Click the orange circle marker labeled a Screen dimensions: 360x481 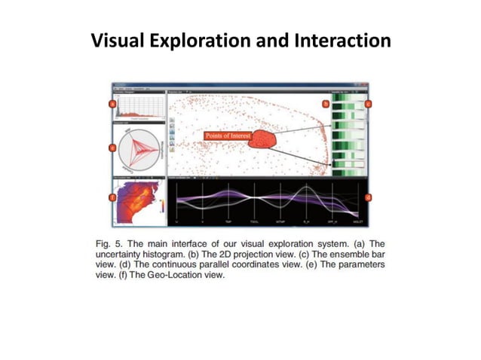pos(112,103)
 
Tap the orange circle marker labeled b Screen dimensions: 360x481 pos(326,103)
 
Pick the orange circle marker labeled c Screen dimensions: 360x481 pos(368,103)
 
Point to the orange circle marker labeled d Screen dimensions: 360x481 pos(368,197)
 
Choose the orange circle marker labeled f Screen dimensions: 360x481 pos(112,197)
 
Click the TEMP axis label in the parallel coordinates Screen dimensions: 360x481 pos(228,223)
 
